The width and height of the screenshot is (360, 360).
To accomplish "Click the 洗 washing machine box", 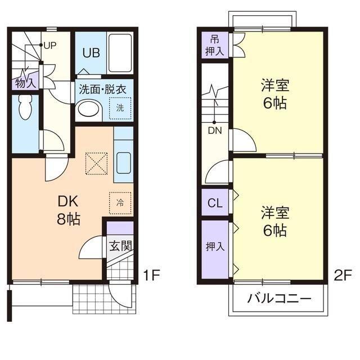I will click(120, 107).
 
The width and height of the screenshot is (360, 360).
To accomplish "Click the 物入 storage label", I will click(25, 83).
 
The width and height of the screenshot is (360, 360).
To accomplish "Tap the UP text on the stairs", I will click(49, 45).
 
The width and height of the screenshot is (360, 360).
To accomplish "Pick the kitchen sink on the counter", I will click(123, 163).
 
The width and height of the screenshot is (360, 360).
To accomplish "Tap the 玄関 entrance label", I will click(120, 245).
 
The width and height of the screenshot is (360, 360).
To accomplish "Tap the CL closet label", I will click(215, 203).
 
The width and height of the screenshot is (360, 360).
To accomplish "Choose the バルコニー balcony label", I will click(279, 298).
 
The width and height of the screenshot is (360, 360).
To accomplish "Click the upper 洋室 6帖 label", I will click(274, 94).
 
